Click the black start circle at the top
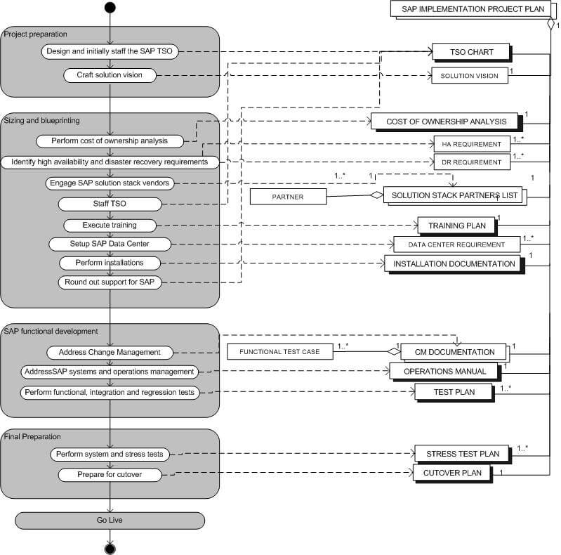[110, 8]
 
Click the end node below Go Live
[110, 547]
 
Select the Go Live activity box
[110, 520]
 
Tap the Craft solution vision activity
[110, 74]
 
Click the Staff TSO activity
[110, 204]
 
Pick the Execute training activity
[110, 226]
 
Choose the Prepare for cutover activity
[110, 475]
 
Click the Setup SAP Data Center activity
[110, 244]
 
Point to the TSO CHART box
[471, 52]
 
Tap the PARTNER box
[288, 197]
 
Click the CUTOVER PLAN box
[451, 473]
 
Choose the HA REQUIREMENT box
[470, 144]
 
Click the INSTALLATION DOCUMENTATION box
[454, 263]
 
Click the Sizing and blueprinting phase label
[44, 120]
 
